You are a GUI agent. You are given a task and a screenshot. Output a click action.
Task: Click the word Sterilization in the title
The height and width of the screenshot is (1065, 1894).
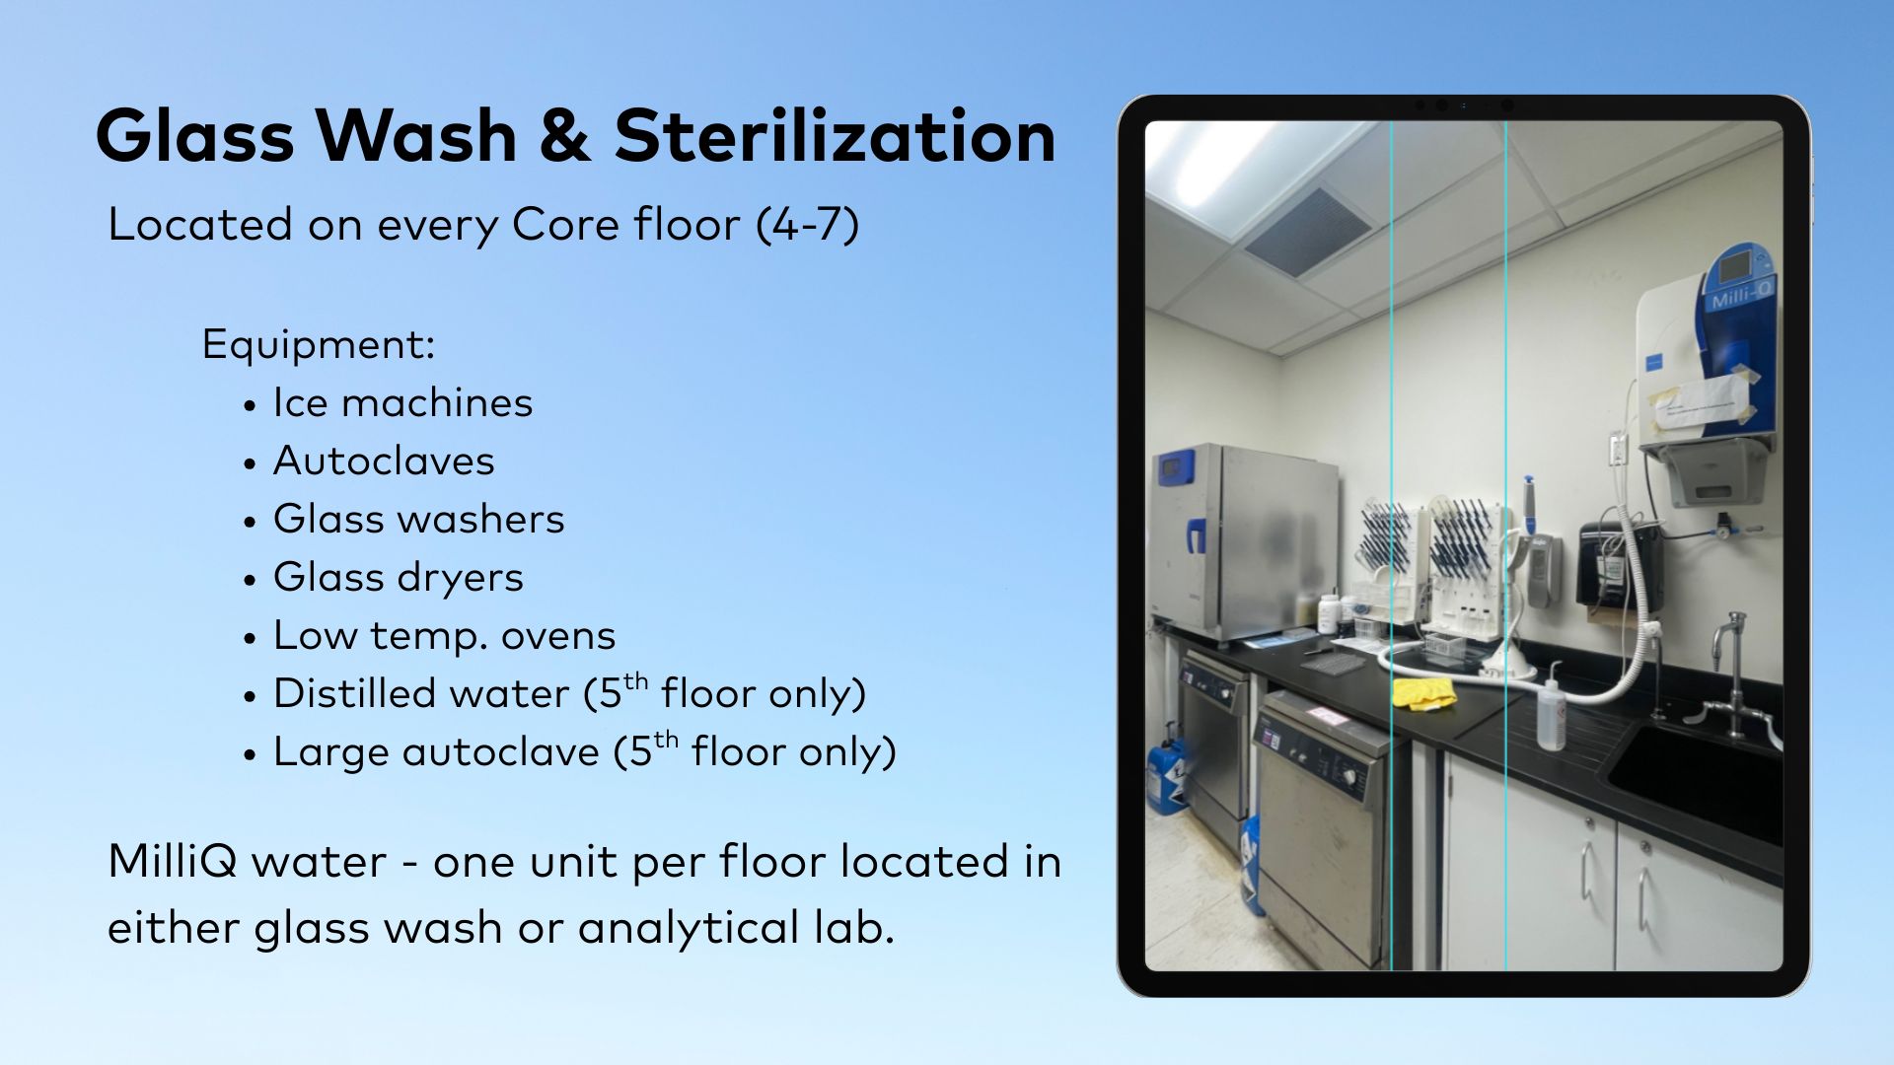pyautogui.click(x=835, y=135)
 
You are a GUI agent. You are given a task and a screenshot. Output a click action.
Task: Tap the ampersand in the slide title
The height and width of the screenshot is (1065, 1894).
pyautogui.click(x=564, y=136)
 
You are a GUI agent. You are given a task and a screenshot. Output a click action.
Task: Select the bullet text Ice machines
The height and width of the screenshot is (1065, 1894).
pyautogui.click(x=402, y=402)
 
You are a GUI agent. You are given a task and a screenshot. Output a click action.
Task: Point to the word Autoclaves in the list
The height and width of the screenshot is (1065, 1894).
pyautogui.click(x=384, y=461)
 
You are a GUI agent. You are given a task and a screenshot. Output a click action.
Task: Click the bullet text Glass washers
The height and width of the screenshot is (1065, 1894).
pyautogui.click(x=419, y=519)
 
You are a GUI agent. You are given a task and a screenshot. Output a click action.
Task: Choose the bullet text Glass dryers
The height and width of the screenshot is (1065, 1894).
pyautogui.click(x=399, y=578)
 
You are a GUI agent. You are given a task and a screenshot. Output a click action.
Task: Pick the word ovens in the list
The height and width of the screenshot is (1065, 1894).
pyautogui.click(x=558, y=636)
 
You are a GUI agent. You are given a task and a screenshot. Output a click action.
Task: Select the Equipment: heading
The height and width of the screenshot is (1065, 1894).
pyautogui.click(x=318, y=344)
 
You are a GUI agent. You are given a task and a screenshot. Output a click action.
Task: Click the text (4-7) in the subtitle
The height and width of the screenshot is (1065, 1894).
pyautogui.click(x=808, y=225)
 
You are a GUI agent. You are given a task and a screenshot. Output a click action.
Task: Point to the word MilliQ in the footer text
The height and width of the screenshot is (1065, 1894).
pyautogui.click(x=173, y=861)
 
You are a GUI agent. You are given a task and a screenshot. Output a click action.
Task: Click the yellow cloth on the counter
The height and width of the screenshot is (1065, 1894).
pyautogui.click(x=1423, y=693)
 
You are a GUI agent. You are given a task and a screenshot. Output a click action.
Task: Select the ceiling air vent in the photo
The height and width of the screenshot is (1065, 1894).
pyautogui.click(x=1306, y=231)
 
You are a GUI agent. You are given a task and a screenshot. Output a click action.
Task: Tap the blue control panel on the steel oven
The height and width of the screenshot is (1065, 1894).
pyautogui.click(x=1176, y=465)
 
